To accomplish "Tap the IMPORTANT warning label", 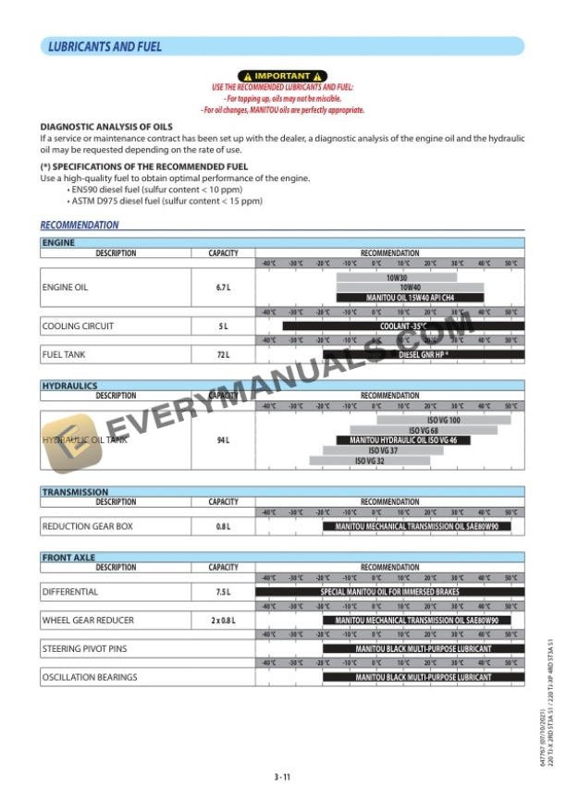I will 282,76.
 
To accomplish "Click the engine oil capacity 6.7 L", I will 223,288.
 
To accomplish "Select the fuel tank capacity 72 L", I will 223,354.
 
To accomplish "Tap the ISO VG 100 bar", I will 443,420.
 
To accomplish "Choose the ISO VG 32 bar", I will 369,461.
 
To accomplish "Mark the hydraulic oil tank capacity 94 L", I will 223,440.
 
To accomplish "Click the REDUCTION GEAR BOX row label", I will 88,526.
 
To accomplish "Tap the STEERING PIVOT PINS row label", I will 84,649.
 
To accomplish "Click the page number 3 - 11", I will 282,777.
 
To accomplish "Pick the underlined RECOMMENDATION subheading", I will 79,225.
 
